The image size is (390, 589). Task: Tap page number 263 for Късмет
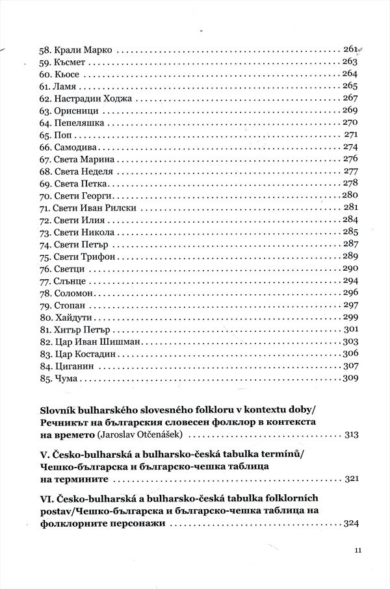point(350,62)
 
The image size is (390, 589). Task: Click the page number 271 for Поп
point(351,135)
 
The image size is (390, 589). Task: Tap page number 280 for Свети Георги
point(350,195)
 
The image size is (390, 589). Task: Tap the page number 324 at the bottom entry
point(350,523)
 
